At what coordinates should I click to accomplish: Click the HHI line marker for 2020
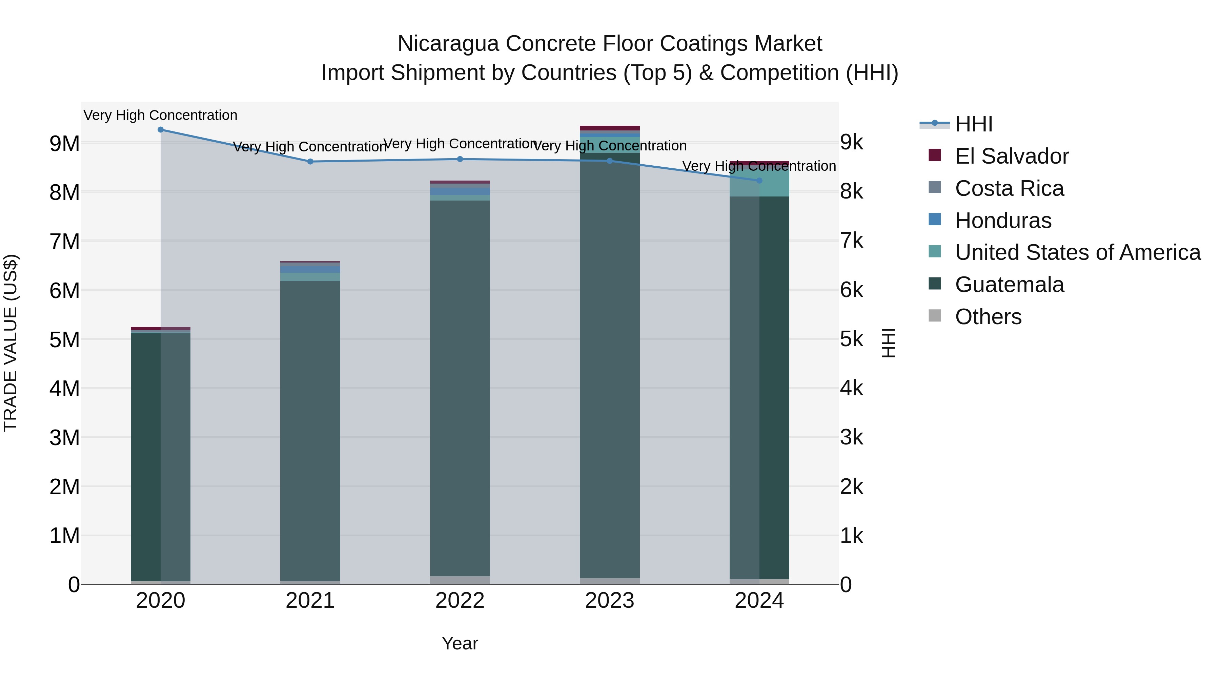click(161, 130)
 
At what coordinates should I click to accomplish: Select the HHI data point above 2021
click(310, 162)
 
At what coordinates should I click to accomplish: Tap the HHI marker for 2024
click(759, 180)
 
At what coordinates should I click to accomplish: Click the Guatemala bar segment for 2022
click(460, 388)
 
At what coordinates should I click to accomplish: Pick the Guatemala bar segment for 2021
click(310, 431)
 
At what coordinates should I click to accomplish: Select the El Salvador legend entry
click(1011, 156)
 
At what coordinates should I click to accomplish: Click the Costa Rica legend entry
click(1009, 188)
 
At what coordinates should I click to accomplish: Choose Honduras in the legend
click(1003, 221)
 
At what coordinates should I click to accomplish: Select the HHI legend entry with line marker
click(973, 124)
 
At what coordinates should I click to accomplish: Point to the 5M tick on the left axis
click(64, 339)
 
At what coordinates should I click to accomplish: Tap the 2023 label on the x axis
click(610, 601)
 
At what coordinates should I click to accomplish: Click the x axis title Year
click(460, 643)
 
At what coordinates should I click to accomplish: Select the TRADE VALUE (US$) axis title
click(11, 343)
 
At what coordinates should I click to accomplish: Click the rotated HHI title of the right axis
click(889, 343)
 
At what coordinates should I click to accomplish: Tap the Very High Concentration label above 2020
click(161, 115)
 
